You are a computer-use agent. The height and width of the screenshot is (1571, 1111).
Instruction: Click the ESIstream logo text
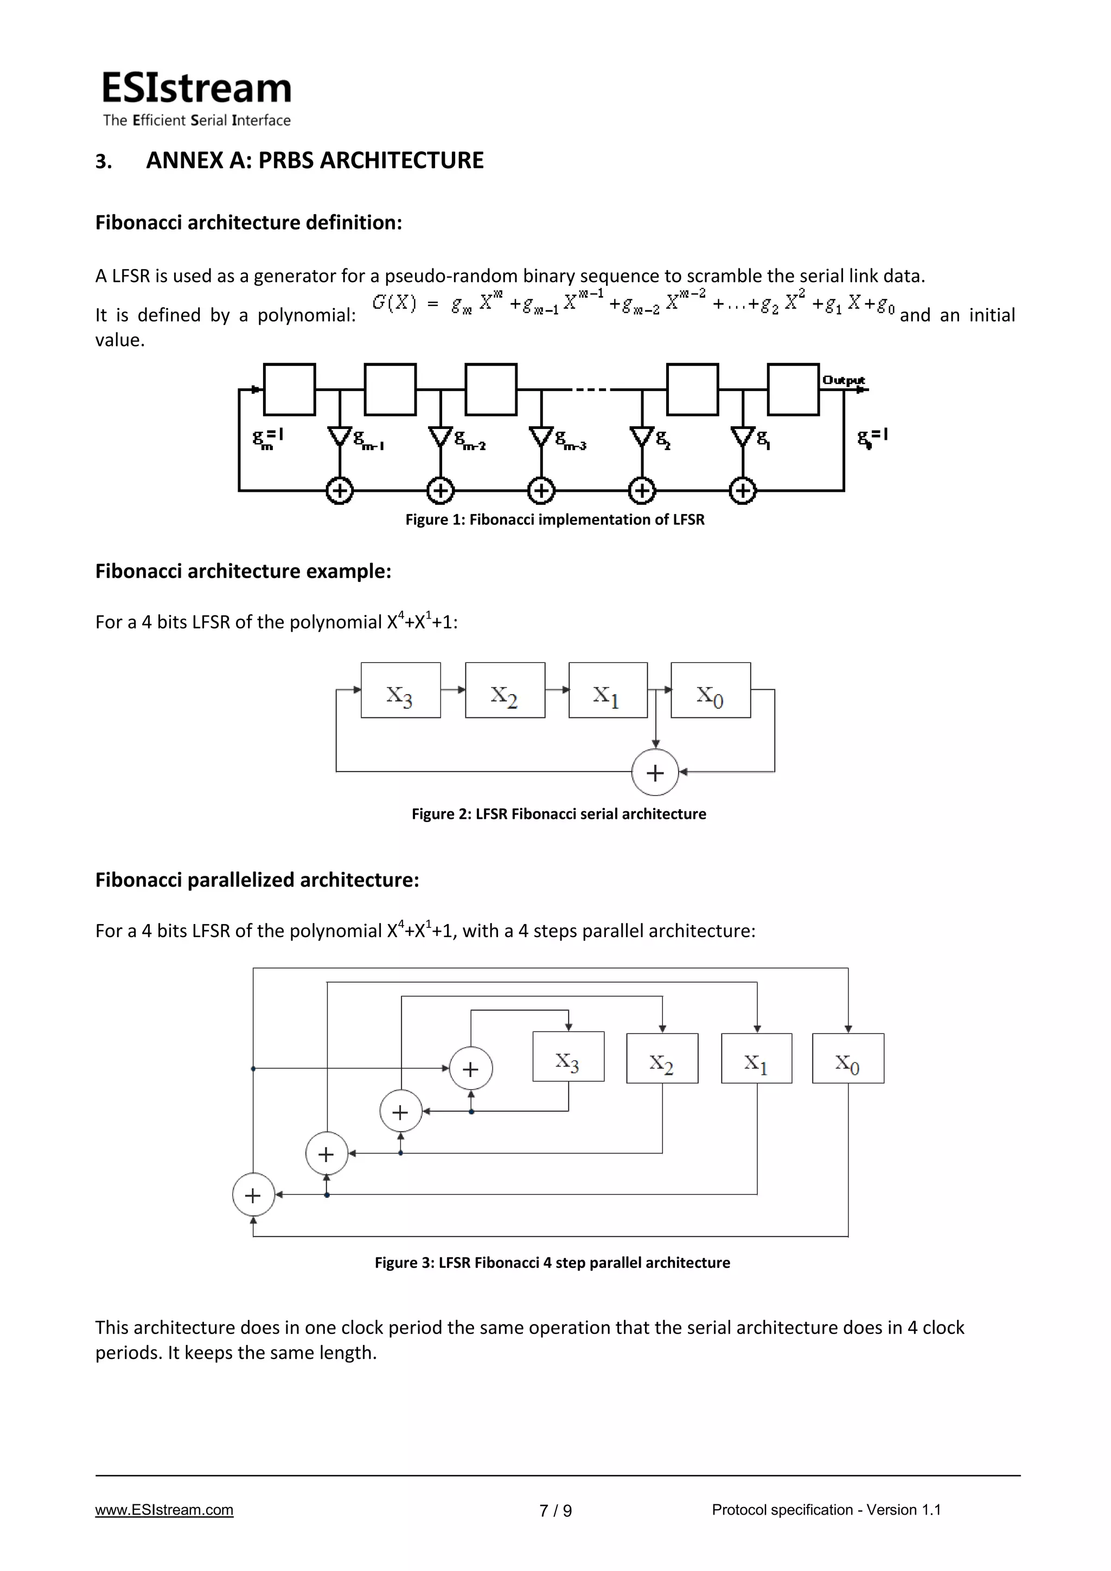click(x=196, y=89)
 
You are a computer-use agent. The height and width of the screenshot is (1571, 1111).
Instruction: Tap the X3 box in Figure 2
click(x=400, y=690)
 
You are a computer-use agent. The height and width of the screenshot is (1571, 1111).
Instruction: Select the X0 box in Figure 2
click(x=711, y=690)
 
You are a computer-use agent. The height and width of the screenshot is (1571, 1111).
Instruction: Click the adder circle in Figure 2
click(x=655, y=773)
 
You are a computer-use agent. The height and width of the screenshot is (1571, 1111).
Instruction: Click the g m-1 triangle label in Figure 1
click(x=368, y=439)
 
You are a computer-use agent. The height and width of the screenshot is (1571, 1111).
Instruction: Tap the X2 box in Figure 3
click(x=662, y=1059)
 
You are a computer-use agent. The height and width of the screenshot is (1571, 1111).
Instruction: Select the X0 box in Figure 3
click(x=847, y=1059)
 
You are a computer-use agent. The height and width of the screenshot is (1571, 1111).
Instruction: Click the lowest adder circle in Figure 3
click(x=253, y=1195)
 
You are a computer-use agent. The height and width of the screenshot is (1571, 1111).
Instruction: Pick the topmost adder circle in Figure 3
click(x=471, y=1069)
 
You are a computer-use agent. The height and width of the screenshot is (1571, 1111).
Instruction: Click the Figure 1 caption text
click(x=554, y=520)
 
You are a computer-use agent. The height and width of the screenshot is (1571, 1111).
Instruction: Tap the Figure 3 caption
click(x=552, y=1262)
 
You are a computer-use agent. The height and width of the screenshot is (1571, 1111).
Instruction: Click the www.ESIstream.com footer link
click(x=164, y=1510)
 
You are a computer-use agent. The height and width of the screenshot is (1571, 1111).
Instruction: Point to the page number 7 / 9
click(x=555, y=1511)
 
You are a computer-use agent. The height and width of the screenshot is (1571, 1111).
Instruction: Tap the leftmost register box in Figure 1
click(x=290, y=389)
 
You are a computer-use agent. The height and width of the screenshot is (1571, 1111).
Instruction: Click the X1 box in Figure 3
click(x=756, y=1059)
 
